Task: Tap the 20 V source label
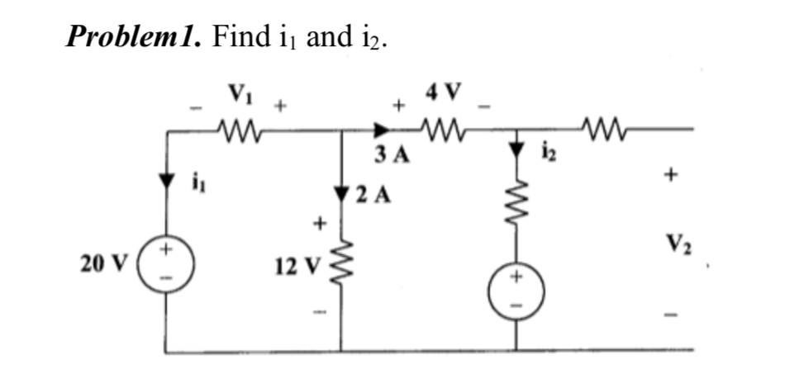click(x=102, y=264)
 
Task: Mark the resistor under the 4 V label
click(x=445, y=130)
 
